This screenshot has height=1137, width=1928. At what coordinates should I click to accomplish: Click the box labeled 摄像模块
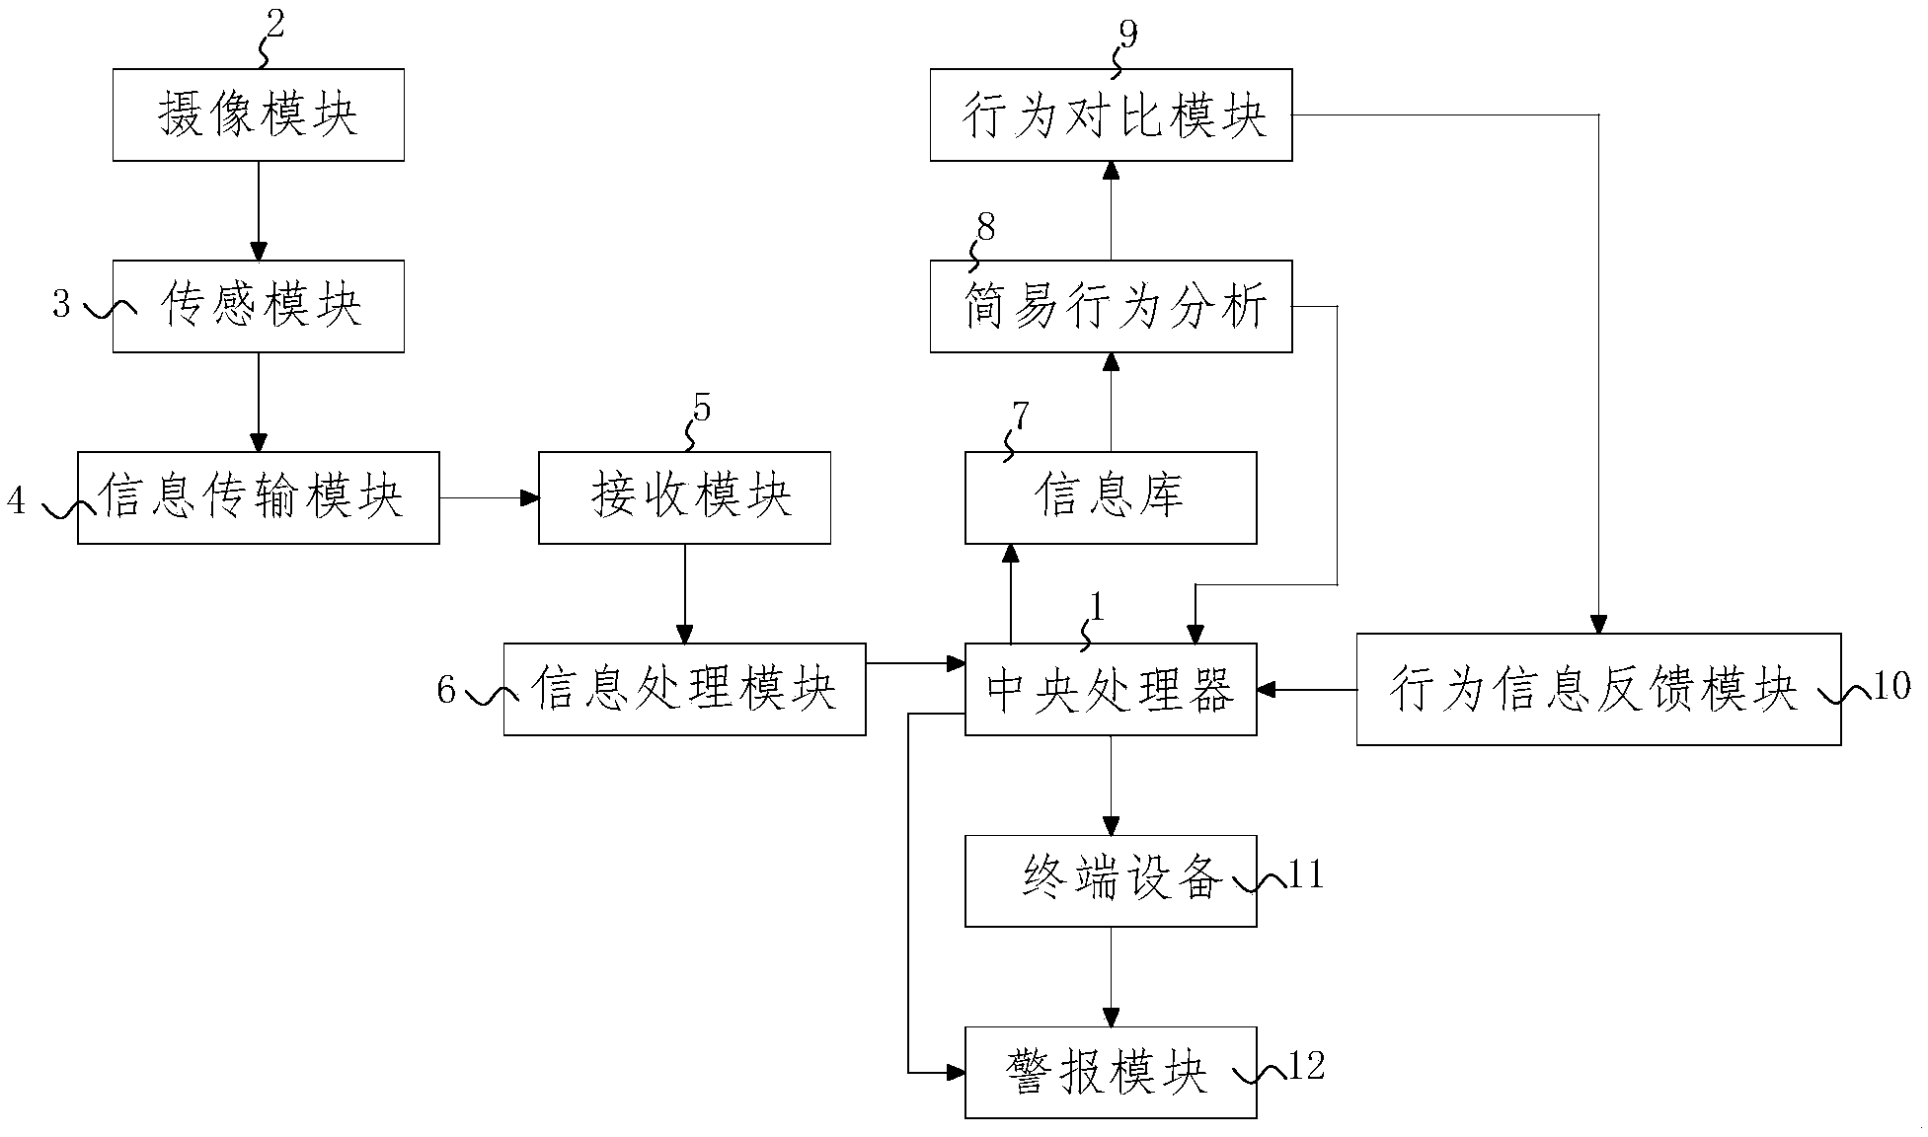click(258, 114)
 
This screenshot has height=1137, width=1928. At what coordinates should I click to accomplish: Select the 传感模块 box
click(258, 306)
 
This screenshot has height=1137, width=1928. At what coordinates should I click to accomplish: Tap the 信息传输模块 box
click(258, 497)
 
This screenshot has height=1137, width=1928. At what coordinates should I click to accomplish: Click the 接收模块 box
click(684, 497)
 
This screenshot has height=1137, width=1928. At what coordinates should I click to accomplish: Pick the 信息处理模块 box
click(684, 689)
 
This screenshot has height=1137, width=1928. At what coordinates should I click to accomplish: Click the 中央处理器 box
click(1111, 689)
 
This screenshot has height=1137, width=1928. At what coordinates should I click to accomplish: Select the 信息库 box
click(1111, 497)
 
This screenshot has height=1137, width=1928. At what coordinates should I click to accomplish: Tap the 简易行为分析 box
click(1111, 306)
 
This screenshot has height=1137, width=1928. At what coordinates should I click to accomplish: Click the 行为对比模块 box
click(1111, 114)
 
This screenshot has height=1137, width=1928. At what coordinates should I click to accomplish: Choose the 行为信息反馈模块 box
click(1597, 689)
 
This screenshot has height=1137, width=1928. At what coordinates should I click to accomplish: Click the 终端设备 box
click(1111, 880)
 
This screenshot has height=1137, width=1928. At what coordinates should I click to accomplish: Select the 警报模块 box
click(1111, 1072)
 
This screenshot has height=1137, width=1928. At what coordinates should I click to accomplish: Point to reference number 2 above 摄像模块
click(274, 24)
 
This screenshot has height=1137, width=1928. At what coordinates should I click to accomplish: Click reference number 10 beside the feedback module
click(1890, 686)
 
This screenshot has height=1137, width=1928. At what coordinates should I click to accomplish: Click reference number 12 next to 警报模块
click(1306, 1066)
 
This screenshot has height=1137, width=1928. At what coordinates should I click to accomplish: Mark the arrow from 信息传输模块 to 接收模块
click(489, 498)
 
